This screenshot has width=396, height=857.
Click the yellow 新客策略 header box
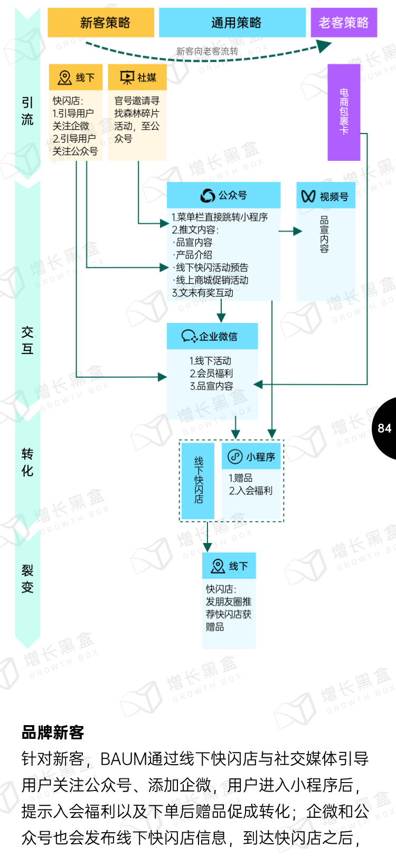click(101, 23)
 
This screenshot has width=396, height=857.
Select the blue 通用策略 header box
click(232, 23)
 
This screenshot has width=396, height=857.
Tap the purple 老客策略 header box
click(344, 23)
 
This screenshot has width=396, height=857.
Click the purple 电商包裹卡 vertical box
click(344, 112)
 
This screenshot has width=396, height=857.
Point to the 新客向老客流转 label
click(207, 51)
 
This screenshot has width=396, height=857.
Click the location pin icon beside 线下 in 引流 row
click(65, 78)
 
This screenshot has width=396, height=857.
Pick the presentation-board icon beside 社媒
click(127, 78)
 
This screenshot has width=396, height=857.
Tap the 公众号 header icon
click(208, 196)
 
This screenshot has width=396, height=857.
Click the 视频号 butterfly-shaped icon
click(308, 196)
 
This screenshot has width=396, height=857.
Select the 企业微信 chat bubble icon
click(189, 336)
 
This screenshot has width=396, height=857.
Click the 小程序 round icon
click(235, 456)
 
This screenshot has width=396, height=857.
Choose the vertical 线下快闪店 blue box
click(198, 480)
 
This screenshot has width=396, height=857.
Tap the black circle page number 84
click(385, 428)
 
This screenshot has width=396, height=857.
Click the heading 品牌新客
click(53, 732)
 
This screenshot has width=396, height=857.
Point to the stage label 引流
click(27, 111)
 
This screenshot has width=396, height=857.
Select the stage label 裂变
click(27, 578)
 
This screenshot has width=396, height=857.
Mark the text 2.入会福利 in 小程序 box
click(250, 491)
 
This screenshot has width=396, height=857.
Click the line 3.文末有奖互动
click(203, 293)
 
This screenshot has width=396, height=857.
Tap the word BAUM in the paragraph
click(124, 759)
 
